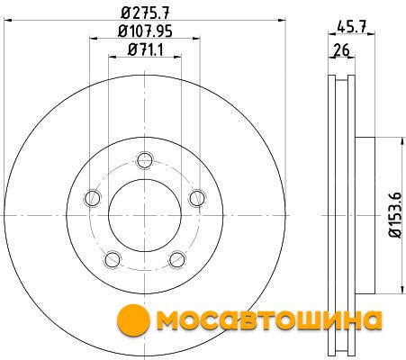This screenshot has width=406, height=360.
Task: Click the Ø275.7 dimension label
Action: pyautogui.click(x=146, y=13)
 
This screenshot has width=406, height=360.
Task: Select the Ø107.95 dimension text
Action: pyautogui.click(x=145, y=31)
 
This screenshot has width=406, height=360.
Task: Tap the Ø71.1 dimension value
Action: pyautogui.click(x=146, y=49)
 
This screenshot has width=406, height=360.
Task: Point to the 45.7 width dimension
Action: pyautogui.click(x=351, y=27)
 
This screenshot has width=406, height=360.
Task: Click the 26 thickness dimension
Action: pyautogui.click(x=342, y=49)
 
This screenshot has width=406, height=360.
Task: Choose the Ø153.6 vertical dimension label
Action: pyautogui.click(x=394, y=215)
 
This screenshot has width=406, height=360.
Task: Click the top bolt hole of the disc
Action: pyautogui.click(x=145, y=160)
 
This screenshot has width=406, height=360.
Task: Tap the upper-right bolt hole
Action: pyautogui.click(x=197, y=198)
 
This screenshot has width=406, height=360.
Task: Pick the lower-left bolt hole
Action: pyautogui.click(x=113, y=259)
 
